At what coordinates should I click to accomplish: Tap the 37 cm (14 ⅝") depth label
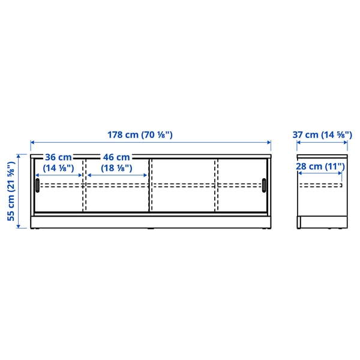pos(322,135)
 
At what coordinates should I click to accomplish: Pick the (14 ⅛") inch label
pos(59,168)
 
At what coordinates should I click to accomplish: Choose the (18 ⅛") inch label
pos(116,168)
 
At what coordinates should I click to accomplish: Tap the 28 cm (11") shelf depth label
pos(322,166)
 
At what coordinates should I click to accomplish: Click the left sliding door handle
pos(37,185)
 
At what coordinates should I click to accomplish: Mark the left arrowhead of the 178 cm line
pos(32,143)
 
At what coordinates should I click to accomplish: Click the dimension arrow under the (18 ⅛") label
pos(118,175)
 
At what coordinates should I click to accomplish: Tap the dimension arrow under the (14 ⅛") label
pos(59,175)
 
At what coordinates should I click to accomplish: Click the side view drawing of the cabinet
pos(322,192)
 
